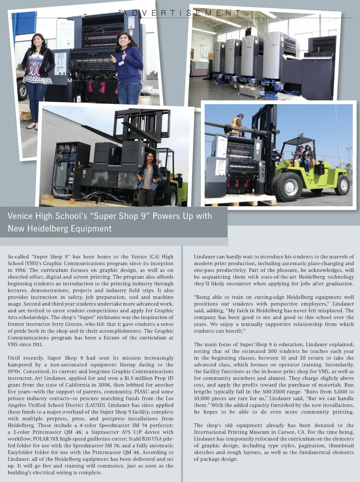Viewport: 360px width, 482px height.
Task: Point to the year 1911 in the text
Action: click(x=36, y=344)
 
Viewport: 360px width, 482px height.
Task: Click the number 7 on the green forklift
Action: click(x=310, y=182)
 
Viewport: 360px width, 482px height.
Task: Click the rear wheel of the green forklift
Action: click(x=342, y=185)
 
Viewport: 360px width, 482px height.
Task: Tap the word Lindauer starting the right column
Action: click(x=204, y=257)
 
